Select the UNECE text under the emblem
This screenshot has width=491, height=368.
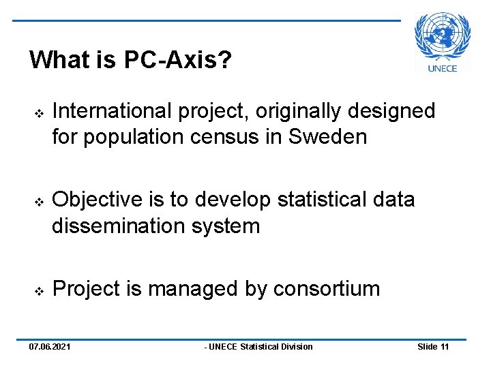pyautogui.click(x=443, y=68)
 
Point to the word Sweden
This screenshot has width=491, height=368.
pyautogui.click(x=328, y=137)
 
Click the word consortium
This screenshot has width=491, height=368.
pyautogui.click(x=327, y=288)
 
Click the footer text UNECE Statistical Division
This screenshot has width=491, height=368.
pyautogui.click(x=260, y=347)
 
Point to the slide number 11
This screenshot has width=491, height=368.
pyautogui.click(x=444, y=347)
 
